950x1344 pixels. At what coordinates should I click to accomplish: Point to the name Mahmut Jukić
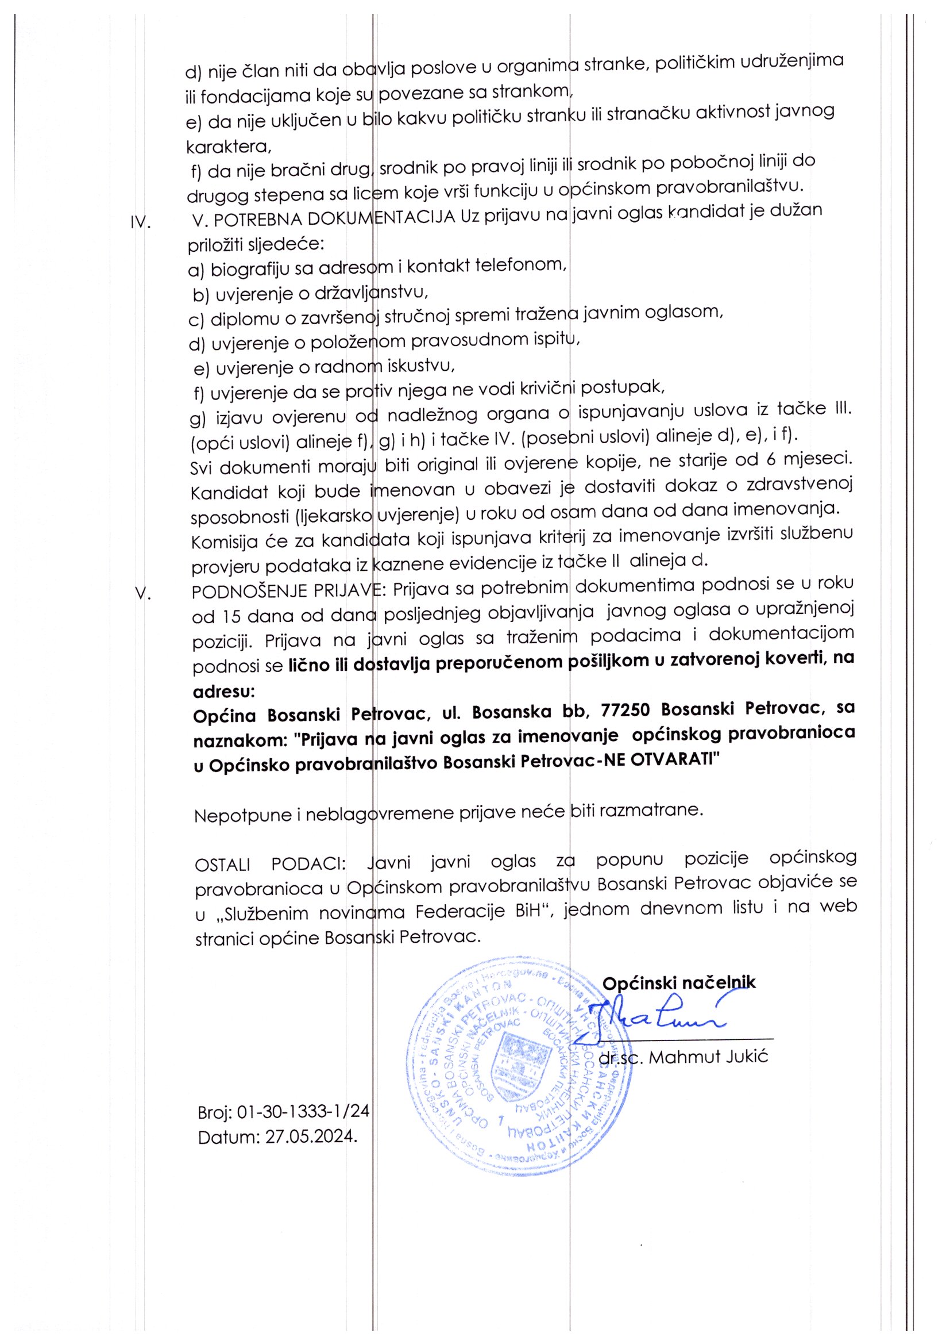click(x=708, y=1057)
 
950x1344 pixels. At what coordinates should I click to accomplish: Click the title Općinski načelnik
click(x=678, y=982)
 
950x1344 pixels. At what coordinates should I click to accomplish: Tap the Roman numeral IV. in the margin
click(x=140, y=223)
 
